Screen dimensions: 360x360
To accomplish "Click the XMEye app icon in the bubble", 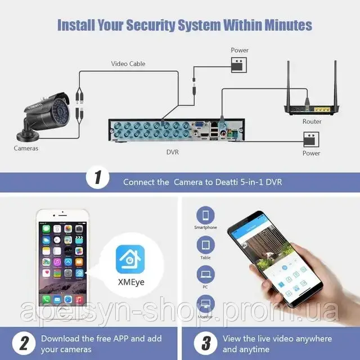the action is click(130, 259).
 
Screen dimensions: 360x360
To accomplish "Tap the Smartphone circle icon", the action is click(205, 215).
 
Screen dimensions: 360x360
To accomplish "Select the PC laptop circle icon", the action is click(205, 274).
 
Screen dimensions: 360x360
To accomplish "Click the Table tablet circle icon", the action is click(206, 245).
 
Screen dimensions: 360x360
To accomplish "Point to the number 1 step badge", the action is click(97, 178).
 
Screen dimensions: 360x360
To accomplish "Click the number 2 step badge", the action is click(24, 343).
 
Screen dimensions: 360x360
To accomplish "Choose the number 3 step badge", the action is click(205, 343).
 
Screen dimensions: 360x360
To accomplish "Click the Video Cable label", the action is click(128, 64).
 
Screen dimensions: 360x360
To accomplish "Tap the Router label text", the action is click(312, 121).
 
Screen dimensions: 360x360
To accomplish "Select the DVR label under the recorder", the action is click(173, 152).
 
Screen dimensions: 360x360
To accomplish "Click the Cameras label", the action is click(26, 148).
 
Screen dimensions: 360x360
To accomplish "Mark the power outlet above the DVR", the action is click(238, 65).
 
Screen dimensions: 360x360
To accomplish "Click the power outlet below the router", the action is click(311, 139).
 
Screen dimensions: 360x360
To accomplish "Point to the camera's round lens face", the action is click(60, 111).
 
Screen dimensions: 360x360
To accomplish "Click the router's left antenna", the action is click(289, 83).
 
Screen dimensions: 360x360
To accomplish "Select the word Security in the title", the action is click(151, 25).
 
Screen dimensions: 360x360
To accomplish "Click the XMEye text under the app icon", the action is click(131, 282).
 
